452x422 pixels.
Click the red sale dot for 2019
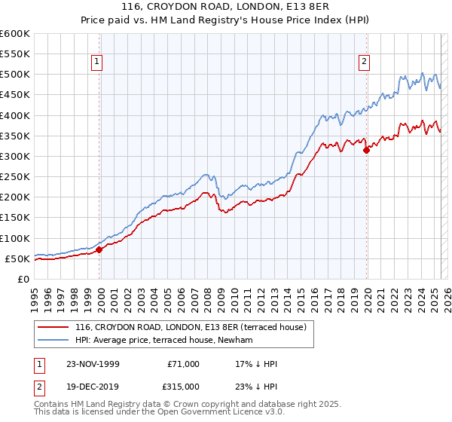(x=367, y=150)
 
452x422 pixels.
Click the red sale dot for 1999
(x=99, y=250)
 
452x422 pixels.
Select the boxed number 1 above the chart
(x=99, y=63)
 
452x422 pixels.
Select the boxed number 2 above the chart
(x=365, y=63)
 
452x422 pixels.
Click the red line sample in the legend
(x=53, y=328)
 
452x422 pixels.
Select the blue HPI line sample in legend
(x=53, y=341)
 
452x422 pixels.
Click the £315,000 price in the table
(x=184, y=385)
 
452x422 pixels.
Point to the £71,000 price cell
(x=184, y=364)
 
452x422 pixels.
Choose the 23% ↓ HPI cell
(x=256, y=385)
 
